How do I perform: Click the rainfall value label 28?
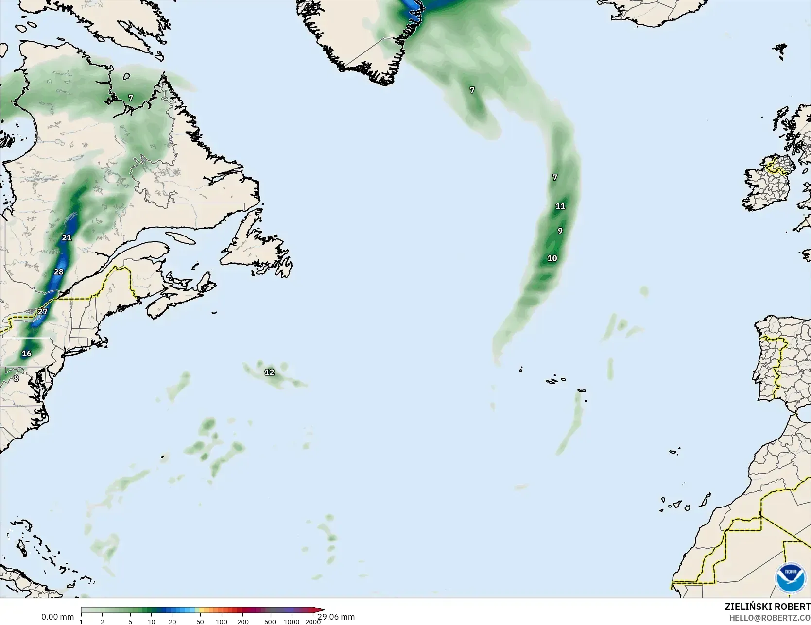coord(59,272)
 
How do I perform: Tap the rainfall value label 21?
coord(67,238)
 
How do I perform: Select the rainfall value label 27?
coord(43,312)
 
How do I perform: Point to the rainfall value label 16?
coord(27,354)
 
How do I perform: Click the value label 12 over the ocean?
coord(269,372)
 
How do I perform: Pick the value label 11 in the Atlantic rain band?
coord(560,206)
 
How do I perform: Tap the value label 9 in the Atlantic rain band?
coord(560,231)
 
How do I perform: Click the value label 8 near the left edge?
coord(16,378)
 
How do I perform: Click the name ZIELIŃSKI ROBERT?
coord(767,607)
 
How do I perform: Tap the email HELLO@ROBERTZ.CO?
coord(770,617)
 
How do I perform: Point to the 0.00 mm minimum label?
coord(57,617)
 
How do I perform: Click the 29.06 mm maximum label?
coord(336,617)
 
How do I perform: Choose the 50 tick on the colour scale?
coord(200,622)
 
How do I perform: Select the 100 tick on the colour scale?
coord(222,622)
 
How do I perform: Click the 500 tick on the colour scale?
coord(270,622)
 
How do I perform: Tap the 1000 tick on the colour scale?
coord(292,622)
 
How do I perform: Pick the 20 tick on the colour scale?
coord(173,622)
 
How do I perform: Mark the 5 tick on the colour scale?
coord(130,622)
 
